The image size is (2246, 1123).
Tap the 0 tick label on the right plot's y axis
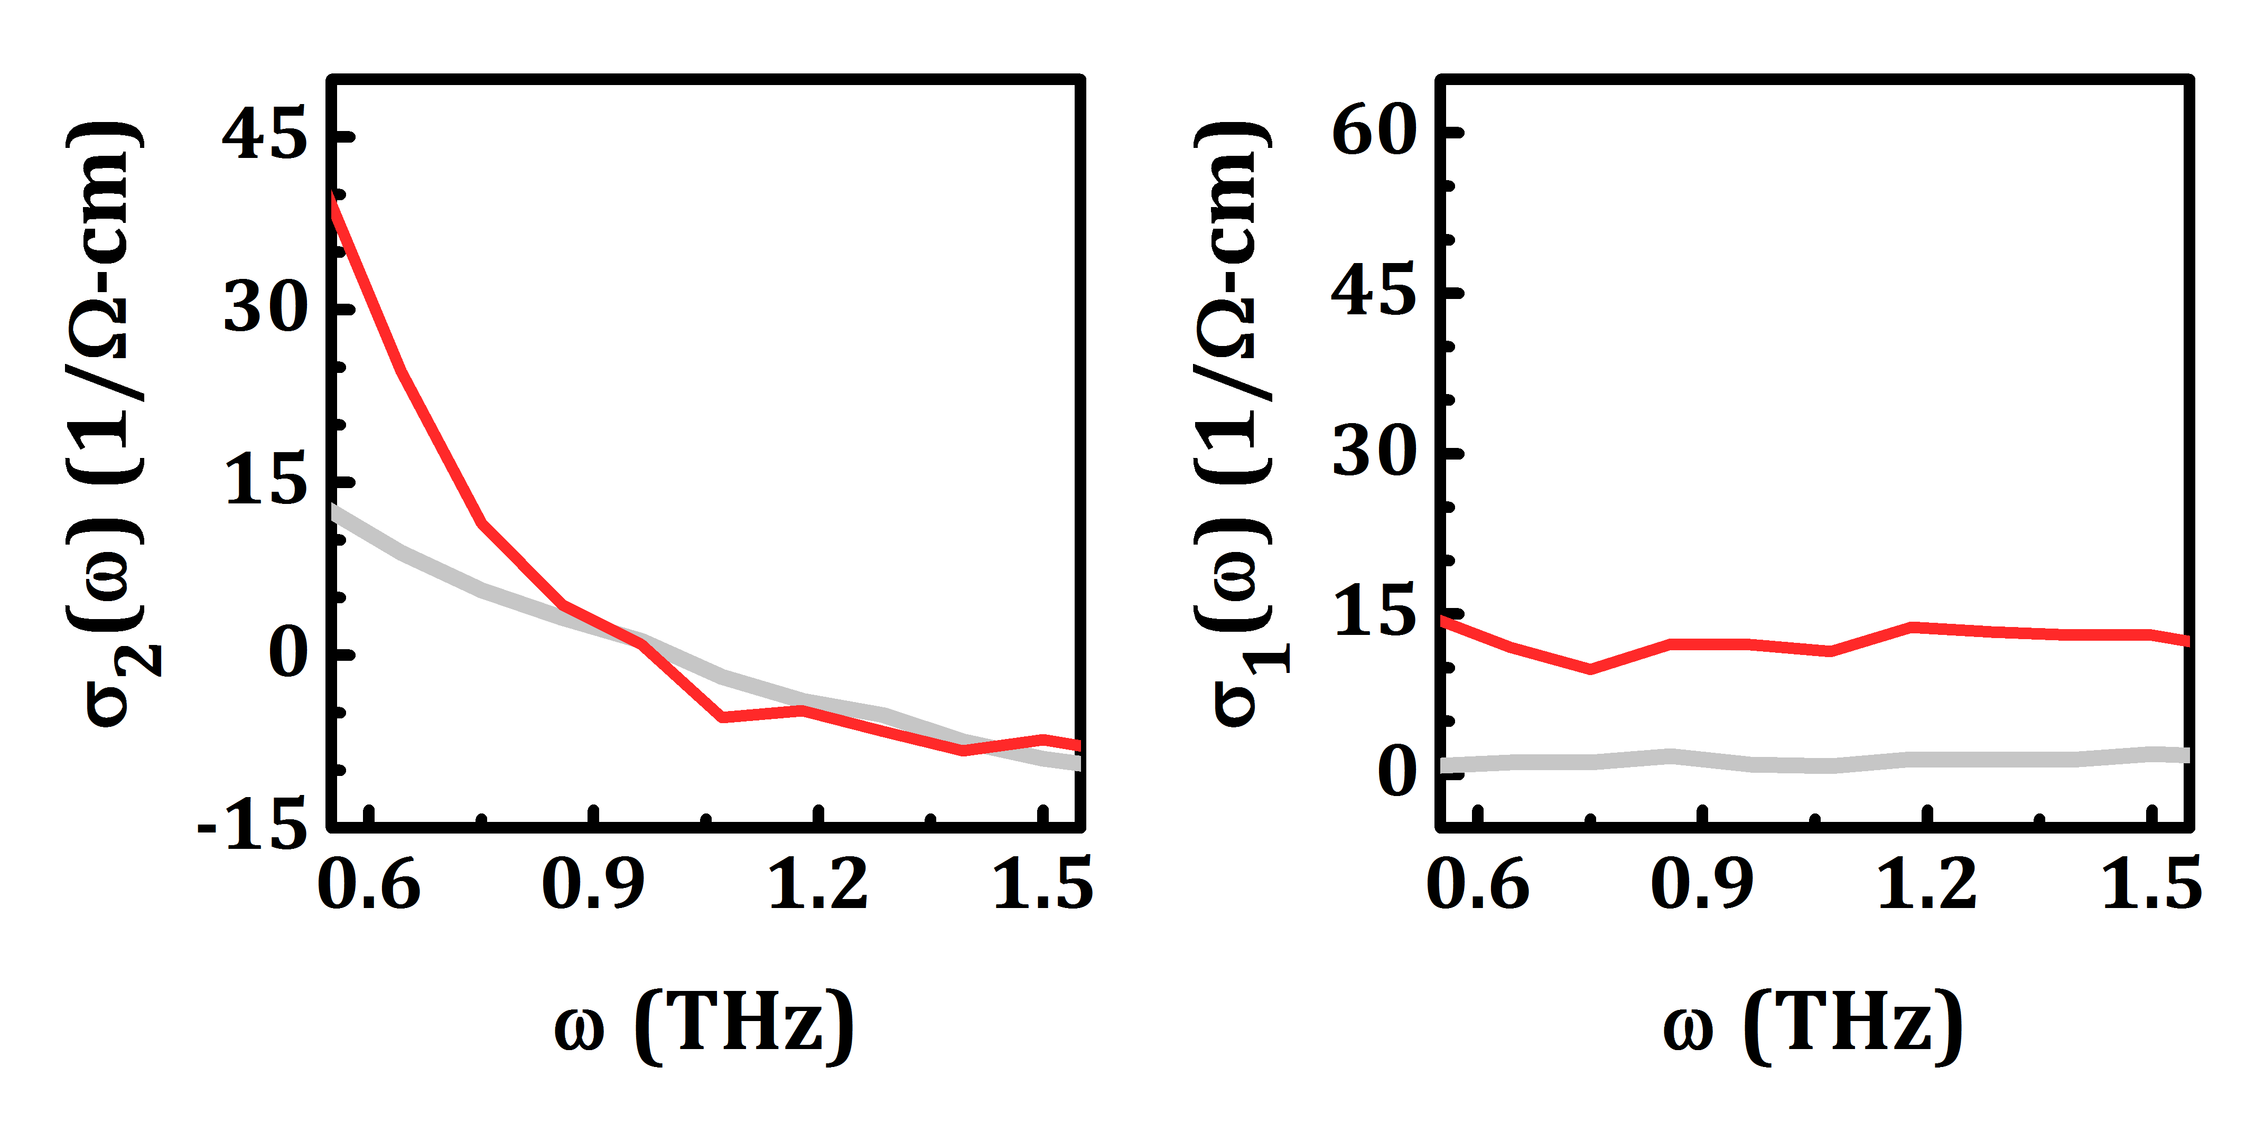[x=1397, y=771]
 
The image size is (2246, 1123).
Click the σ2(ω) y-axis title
[x=109, y=424]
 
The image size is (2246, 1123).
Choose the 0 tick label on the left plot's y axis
[x=288, y=652]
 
